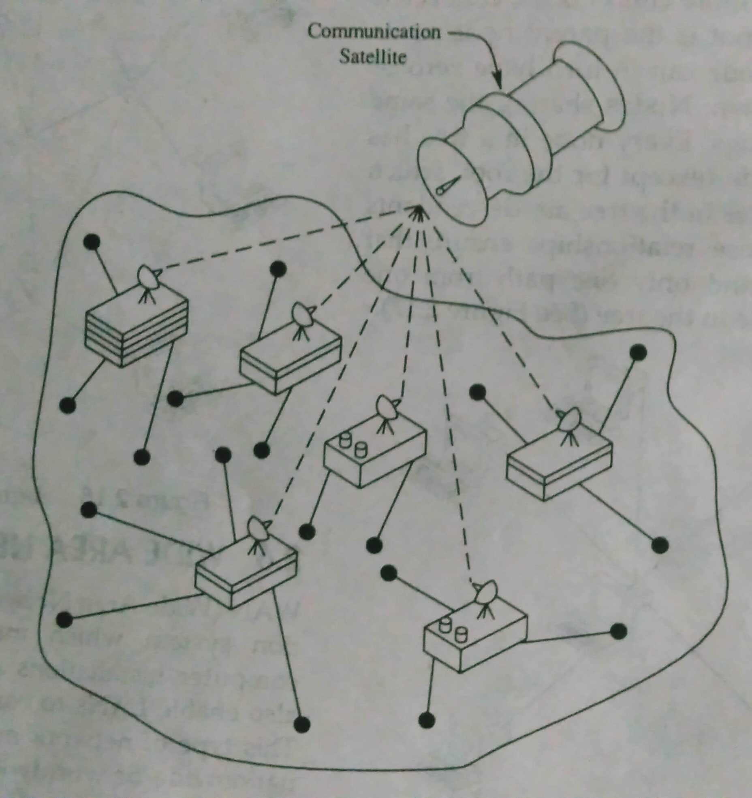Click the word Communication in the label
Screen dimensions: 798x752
coord(374,32)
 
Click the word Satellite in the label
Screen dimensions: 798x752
coord(372,57)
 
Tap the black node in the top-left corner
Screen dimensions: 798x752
coord(91,241)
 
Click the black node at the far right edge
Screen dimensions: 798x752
coord(660,545)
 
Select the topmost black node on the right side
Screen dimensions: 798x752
coord(639,352)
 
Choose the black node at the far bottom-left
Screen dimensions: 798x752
coord(64,619)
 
